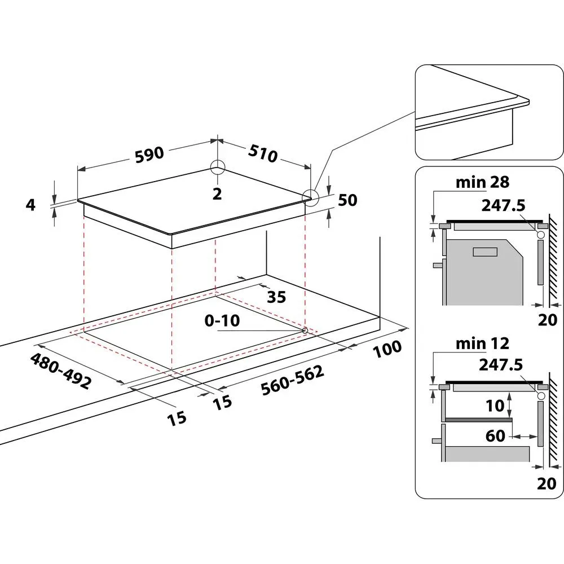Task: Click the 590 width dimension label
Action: pos(149,154)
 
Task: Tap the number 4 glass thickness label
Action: pos(31,205)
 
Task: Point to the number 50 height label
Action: pos(348,200)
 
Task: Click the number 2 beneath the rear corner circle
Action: pos(217,193)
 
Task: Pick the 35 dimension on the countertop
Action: pos(276,297)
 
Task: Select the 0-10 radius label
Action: pos(222,321)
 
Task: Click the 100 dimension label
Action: pos(387,348)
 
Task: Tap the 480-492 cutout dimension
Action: pos(60,371)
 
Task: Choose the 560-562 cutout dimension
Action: pos(292,381)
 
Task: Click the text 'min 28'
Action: pos(482,182)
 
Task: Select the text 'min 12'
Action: pos(482,343)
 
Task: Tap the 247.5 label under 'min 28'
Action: pos(502,205)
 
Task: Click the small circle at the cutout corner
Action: pos(305,329)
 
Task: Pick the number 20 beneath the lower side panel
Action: pos(547,484)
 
